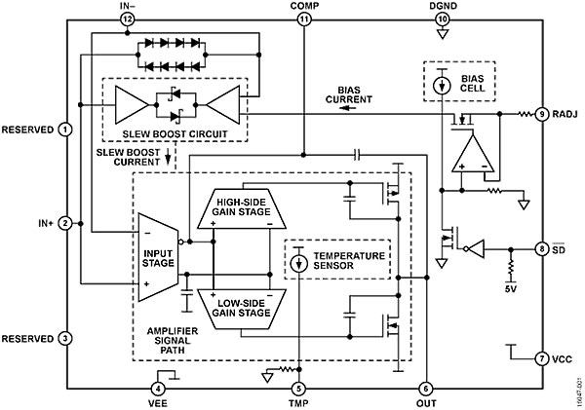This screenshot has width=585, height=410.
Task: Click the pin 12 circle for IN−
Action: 127,19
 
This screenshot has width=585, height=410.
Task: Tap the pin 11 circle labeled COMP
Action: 304,19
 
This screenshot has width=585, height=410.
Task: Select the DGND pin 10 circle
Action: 443,19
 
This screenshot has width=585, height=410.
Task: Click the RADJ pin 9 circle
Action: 542,114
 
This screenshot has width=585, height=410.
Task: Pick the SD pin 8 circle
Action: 542,249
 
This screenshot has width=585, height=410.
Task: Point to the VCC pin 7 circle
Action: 542,359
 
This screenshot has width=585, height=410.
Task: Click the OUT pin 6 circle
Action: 426,389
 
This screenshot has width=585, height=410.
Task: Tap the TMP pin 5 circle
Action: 298,389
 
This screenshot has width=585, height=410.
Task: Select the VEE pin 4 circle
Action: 158,389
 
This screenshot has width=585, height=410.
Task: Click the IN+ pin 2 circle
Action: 65,223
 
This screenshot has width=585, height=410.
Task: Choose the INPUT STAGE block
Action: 158,257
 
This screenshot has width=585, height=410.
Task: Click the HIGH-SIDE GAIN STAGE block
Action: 242,208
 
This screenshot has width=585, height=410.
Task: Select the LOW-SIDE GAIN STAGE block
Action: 242,309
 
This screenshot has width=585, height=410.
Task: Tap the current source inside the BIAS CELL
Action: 442,86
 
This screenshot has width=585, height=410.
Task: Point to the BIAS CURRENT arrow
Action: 348,108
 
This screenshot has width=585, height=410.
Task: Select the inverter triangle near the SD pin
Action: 476,248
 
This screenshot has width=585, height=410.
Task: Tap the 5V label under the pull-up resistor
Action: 511,288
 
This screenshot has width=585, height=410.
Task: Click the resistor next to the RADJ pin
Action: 526,114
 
